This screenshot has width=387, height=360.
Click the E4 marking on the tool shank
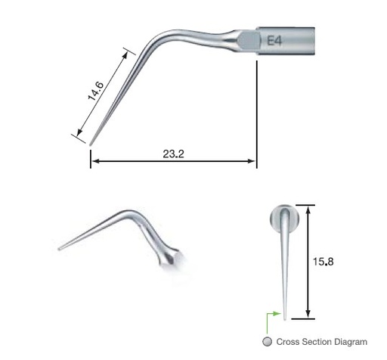tap(274, 40)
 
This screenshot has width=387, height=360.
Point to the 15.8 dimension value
tap(325, 262)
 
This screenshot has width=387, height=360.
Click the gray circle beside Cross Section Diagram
tap(267, 342)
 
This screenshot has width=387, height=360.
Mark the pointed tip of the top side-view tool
tap(91, 144)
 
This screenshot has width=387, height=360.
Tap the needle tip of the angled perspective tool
tap(59, 248)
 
